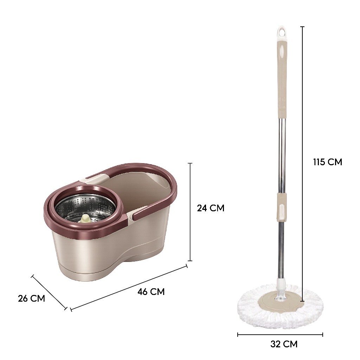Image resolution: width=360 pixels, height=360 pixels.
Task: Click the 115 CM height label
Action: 327,162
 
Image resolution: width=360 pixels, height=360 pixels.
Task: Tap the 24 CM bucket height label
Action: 211,208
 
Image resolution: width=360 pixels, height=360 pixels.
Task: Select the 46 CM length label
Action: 151,291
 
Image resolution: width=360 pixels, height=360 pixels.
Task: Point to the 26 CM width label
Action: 31,298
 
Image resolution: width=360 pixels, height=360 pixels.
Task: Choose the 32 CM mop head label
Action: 284,344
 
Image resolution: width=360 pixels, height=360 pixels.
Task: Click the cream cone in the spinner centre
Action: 85,218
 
